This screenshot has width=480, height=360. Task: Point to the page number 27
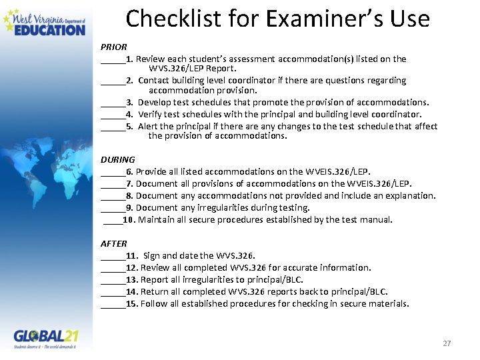pyautogui.click(x=447, y=343)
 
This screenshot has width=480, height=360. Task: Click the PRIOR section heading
pyautogui.click(x=113, y=47)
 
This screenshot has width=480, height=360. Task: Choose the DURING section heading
pyautogui.click(x=117, y=159)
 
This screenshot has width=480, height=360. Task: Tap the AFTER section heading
pyautogui.click(x=113, y=243)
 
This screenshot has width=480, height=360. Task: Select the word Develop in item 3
pyautogui.click(x=155, y=102)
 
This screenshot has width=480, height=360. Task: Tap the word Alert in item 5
pyautogui.click(x=149, y=126)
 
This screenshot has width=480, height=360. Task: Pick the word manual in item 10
pyautogui.click(x=377, y=219)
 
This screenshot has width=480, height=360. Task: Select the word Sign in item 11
pyautogui.click(x=152, y=255)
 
